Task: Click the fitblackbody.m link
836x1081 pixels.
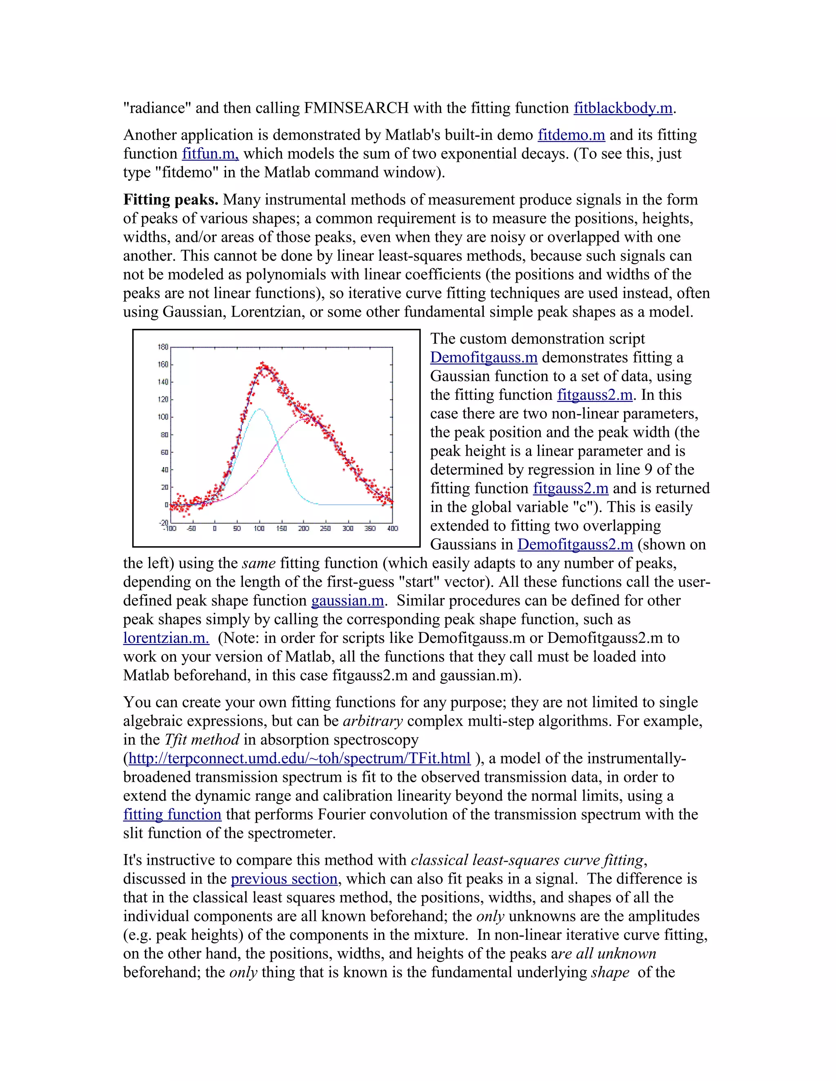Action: click(x=623, y=108)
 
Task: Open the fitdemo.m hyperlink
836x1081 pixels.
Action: click(x=571, y=135)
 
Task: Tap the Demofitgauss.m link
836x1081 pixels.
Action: click(x=483, y=357)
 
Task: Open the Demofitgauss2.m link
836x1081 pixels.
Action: click(x=575, y=545)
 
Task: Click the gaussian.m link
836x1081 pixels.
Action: click(x=347, y=600)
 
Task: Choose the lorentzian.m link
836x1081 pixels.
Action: click(x=166, y=638)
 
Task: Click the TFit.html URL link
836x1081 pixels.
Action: click(x=299, y=758)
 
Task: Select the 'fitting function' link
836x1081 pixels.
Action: click(x=172, y=814)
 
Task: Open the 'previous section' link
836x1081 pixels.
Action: click(x=284, y=879)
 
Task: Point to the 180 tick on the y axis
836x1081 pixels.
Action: click(x=163, y=347)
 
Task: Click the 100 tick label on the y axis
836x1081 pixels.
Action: click(x=163, y=417)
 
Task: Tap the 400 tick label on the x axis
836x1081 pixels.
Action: click(x=392, y=529)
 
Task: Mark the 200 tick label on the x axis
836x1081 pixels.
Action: click(x=303, y=529)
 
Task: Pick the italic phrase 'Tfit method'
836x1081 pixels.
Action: click(x=202, y=740)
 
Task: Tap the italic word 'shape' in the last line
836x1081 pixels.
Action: click(x=610, y=972)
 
